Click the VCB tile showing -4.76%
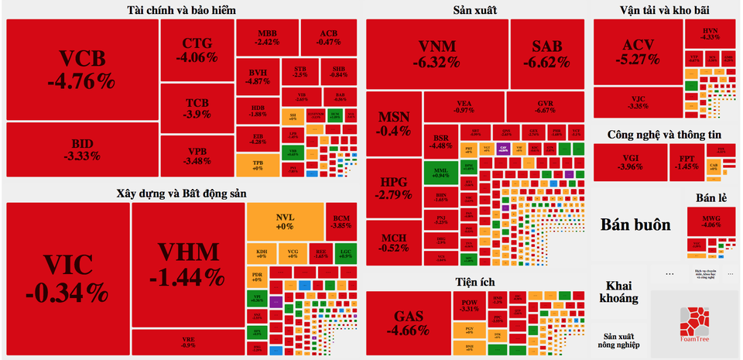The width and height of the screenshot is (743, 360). (81, 70)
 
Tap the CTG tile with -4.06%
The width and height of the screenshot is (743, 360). (197, 50)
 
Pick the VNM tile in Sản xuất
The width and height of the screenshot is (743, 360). (437, 53)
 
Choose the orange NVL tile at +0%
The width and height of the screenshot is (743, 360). (285, 221)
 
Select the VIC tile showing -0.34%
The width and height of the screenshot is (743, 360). (67, 279)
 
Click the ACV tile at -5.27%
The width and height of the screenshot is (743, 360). (637, 51)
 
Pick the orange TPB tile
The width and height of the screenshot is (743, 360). (257, 164)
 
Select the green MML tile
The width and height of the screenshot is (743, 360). (441, 171)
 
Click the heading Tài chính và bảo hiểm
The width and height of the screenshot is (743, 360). (181, 10)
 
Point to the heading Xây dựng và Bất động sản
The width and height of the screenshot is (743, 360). (181, 193)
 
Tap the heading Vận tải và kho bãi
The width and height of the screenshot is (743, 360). (664, 10)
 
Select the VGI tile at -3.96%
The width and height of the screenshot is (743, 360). (630, 162)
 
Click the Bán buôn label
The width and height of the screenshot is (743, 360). (635, 225)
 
